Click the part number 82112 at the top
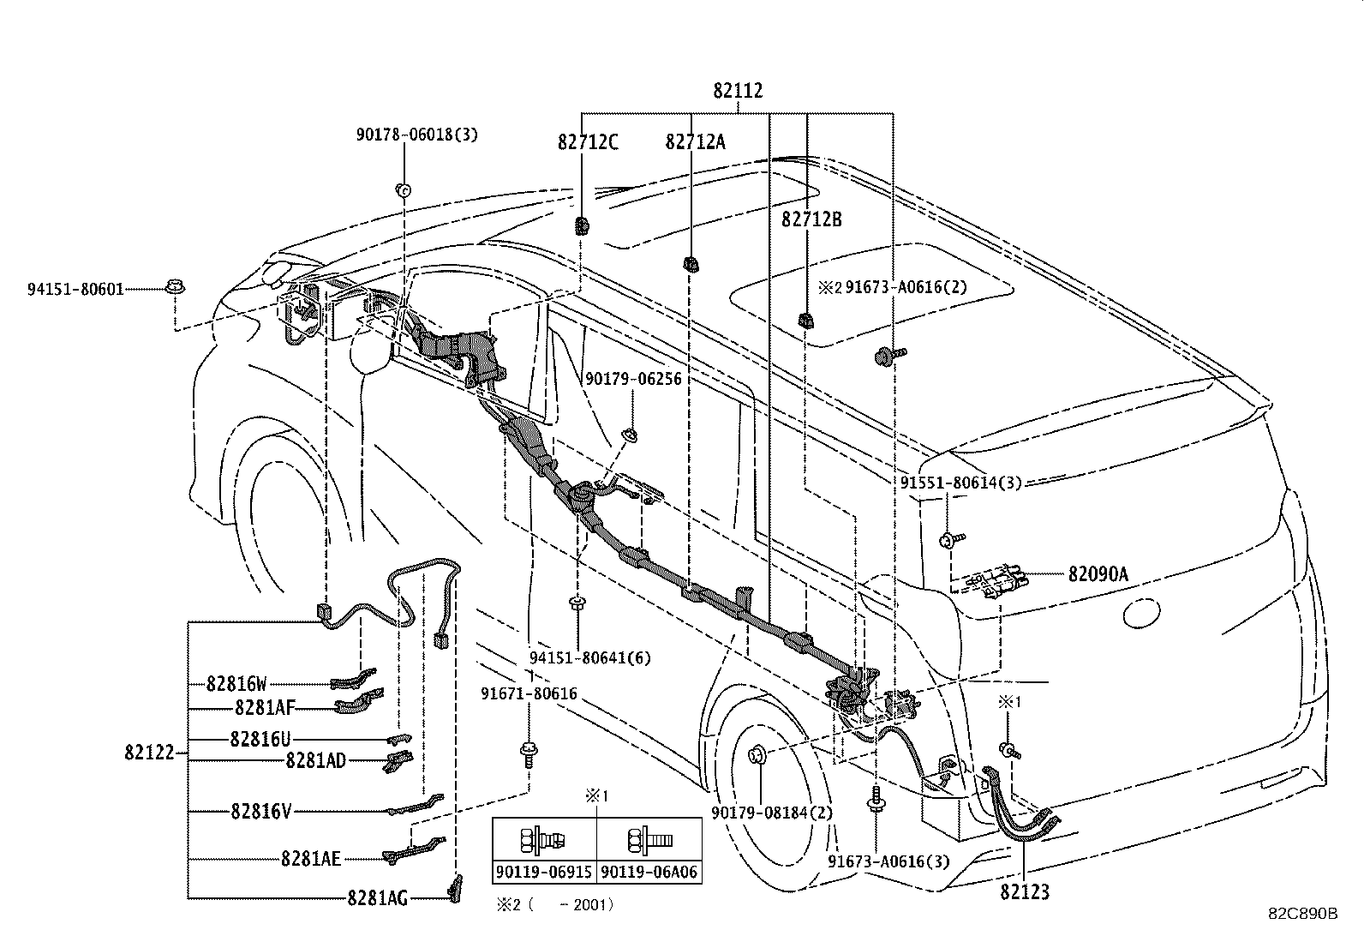738,91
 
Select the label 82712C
588,142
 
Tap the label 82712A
695,142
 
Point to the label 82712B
811,219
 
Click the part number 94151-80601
75,289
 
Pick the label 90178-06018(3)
417,135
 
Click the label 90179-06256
633,379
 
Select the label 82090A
1098,574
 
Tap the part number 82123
1025,892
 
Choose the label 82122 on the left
149,753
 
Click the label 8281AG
377,898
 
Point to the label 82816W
236,684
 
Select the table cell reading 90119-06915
544,873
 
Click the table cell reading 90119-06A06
649,873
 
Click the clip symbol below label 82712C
582,226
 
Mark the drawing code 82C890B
1302,914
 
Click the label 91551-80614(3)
961,483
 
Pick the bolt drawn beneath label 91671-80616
529,754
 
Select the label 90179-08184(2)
771,813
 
